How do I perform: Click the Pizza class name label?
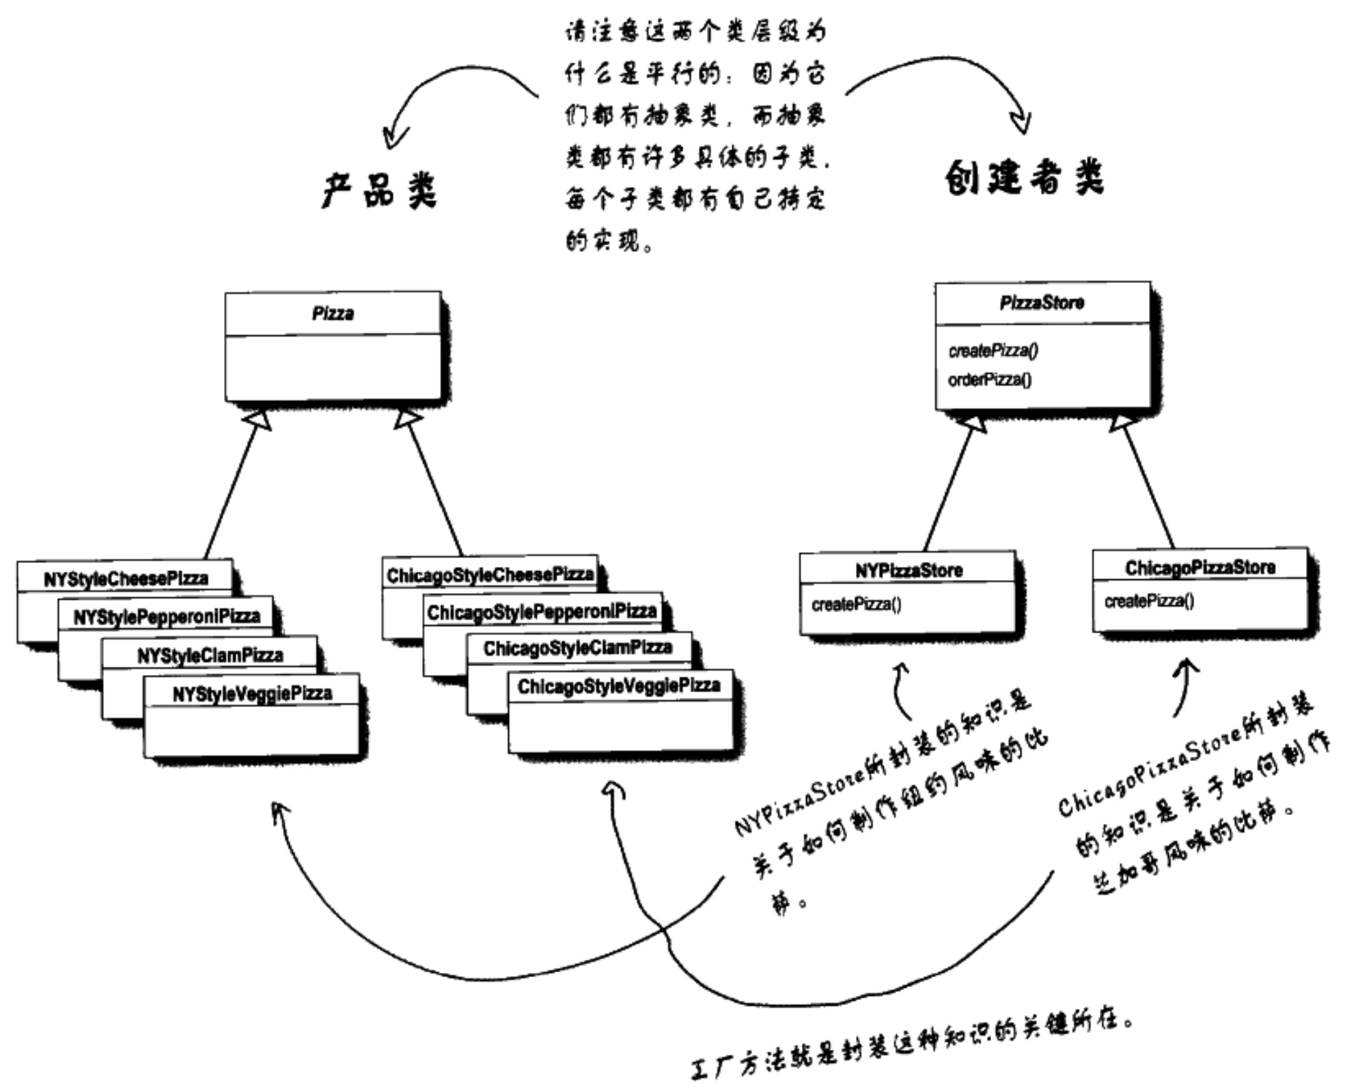333,314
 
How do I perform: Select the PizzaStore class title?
1041,303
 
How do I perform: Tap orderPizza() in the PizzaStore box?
989,380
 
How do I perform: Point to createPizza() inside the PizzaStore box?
993,350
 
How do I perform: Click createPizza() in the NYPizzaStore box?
856,605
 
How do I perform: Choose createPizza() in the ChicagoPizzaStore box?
1149,601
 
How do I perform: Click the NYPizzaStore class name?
909,570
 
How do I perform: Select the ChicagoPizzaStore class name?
1200,568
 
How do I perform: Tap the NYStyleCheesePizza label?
126,579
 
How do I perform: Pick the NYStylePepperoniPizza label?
167,617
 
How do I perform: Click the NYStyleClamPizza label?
210,655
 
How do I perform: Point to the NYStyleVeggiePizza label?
252,694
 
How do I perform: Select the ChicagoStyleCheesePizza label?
490,575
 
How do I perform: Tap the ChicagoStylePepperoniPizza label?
542,611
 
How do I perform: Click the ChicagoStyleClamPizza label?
578,648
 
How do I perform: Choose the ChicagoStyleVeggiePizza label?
619,686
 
